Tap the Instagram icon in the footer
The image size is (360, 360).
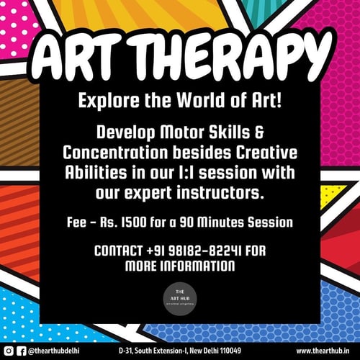coord(9,351)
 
